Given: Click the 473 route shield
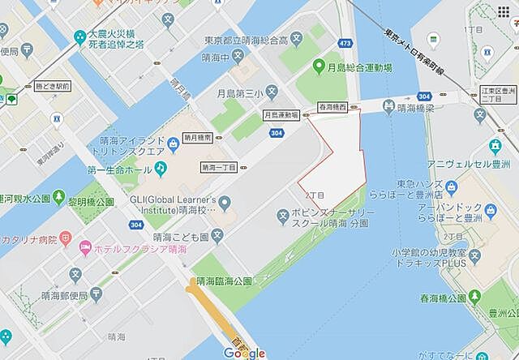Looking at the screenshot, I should pyautogui.click(x=346, y=41).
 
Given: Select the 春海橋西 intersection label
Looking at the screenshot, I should pyautogui.click(x=332, y=106).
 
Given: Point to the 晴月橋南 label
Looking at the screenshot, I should pyautogui.click(x=199, y=139).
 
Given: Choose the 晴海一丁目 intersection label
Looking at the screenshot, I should pyautogui.click(x=218, y=167).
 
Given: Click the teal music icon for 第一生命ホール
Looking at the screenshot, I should pyautogui.click(x=161, y=167).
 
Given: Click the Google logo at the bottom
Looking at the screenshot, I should pyautogui.click(x=244, y=353).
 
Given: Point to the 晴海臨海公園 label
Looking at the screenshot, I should pyautogui.click(x=223, y=281).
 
